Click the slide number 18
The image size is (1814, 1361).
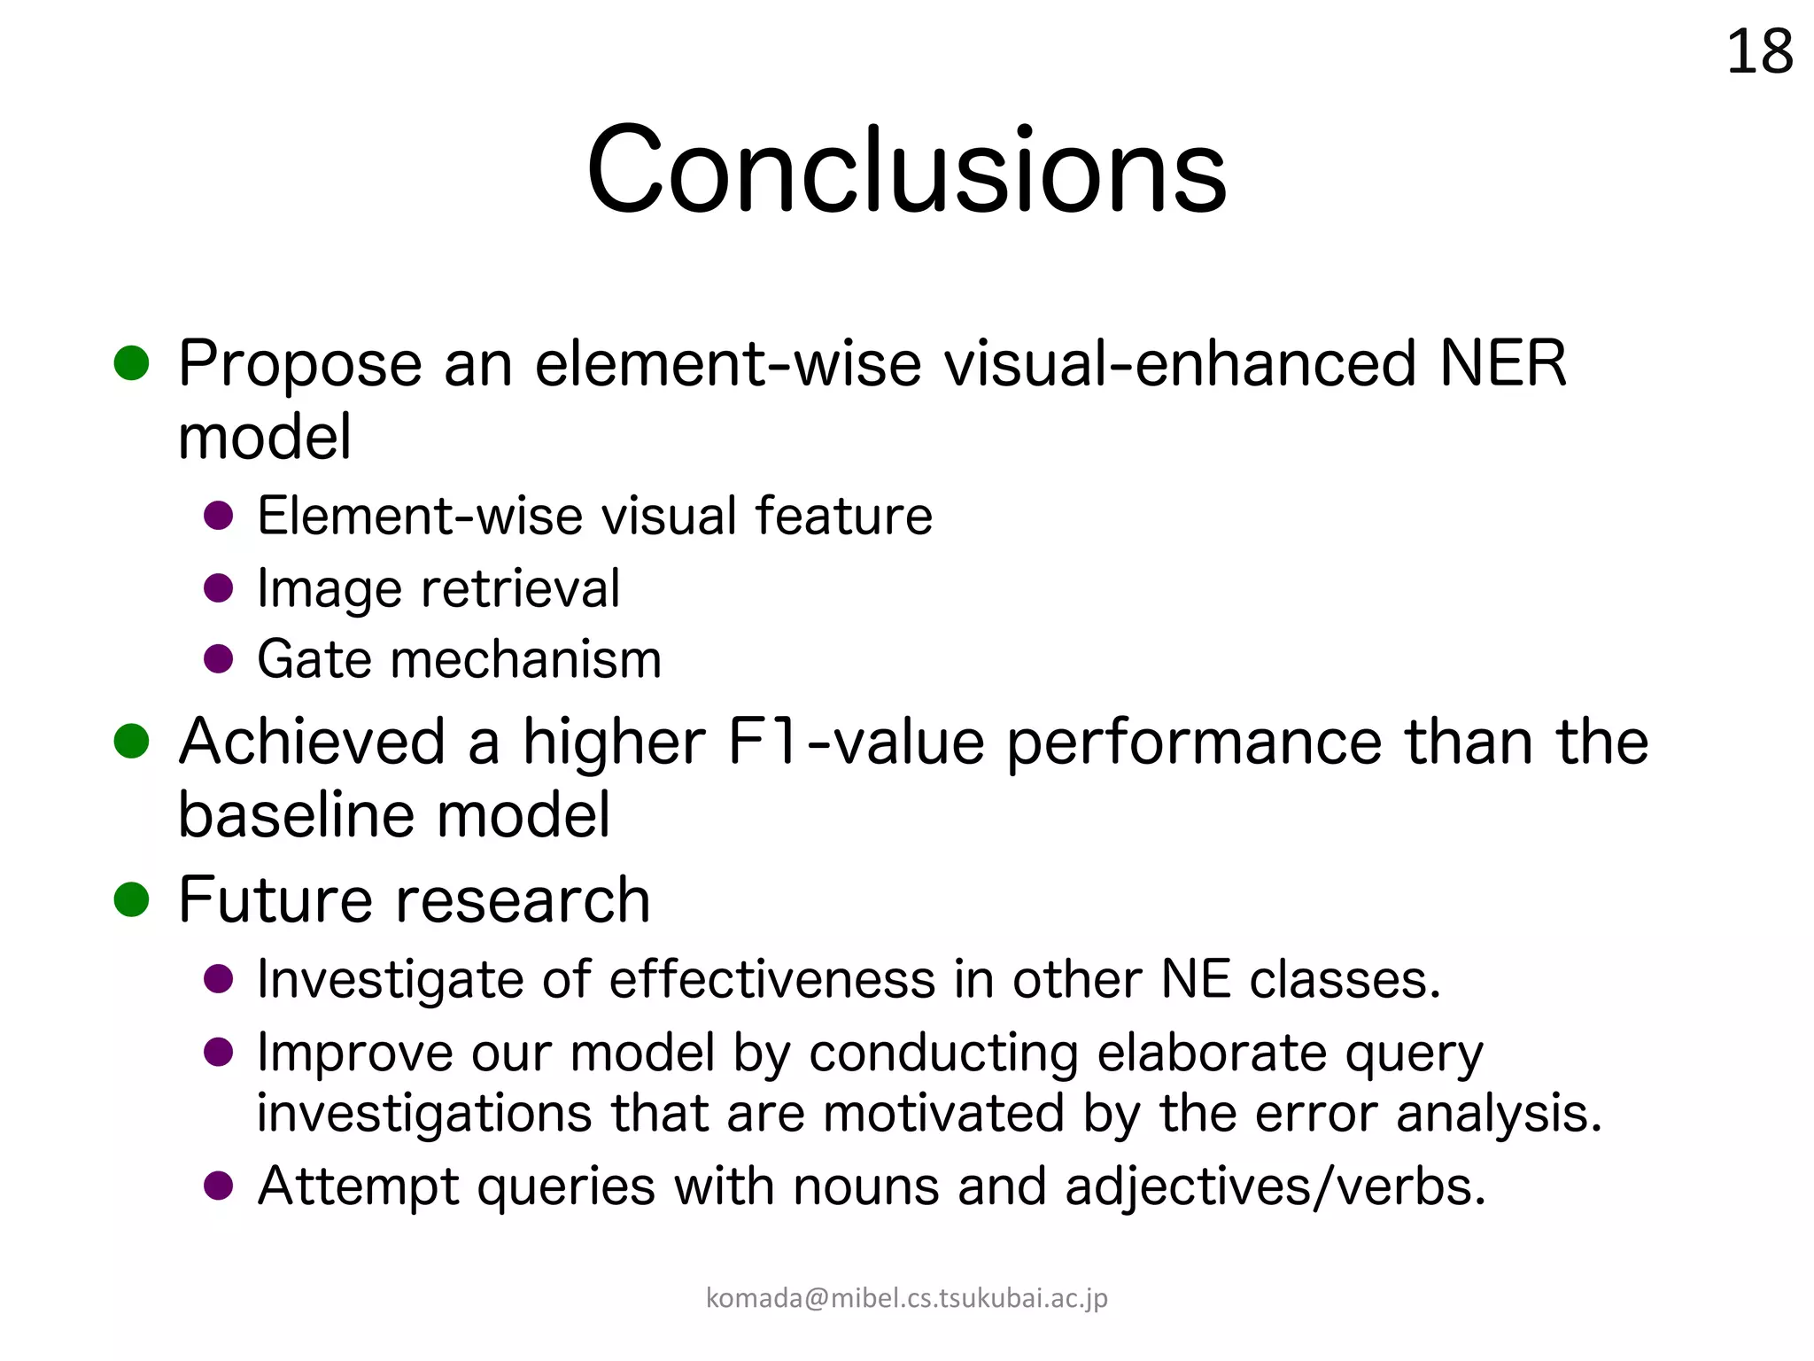1759,52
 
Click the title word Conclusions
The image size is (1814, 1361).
906,169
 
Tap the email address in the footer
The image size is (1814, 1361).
906,1298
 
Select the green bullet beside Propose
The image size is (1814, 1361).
131,363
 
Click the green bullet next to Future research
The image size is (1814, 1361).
131,899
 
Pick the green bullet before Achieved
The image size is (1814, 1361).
131,742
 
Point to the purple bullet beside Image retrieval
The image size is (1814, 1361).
218,588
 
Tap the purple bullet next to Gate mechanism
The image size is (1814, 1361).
218,659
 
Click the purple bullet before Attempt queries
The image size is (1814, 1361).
218,1186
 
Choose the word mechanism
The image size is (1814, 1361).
525,659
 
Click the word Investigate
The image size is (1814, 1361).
390,980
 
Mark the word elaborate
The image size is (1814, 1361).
1212,1054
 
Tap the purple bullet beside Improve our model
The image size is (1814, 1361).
218,1054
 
